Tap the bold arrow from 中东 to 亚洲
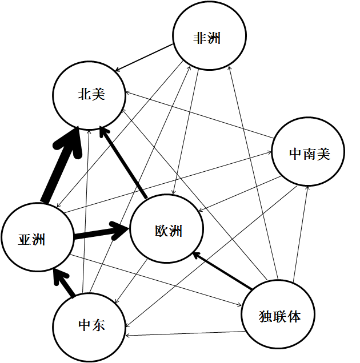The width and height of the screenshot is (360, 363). coord(64,284)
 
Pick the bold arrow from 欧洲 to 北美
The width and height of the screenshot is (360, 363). coord(123,163)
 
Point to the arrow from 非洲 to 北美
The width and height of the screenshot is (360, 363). coord(143,58)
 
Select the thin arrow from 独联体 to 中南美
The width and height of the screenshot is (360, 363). coord(301,234)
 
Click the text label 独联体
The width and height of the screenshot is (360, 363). coord(279,316)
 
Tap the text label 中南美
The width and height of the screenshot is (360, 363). coord(309,154)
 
